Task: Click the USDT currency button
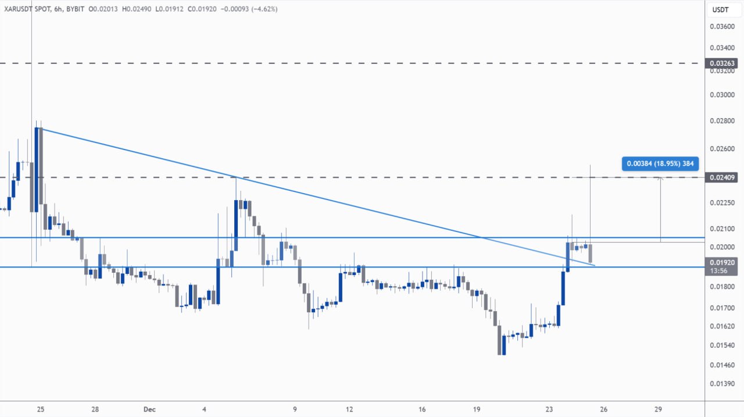coord(721,10)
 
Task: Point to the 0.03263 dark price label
coord(721,63)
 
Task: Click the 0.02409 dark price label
coord(721,177)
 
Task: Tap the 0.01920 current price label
coord(721,262)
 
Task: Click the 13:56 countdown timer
coord(719,271)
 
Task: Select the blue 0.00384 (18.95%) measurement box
coord(660,163)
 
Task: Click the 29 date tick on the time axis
coord(658,409)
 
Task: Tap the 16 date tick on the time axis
coord(423,409)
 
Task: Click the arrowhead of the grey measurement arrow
coord(660,179)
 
